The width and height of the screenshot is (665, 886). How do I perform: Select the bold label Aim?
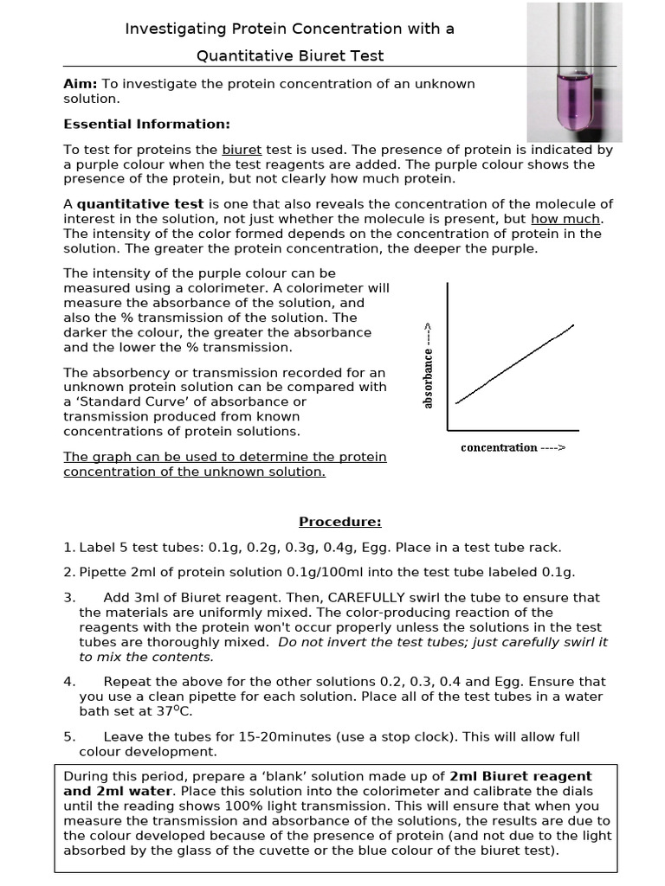pos(81,84)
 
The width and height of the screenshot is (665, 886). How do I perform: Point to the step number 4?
pos(68,682)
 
